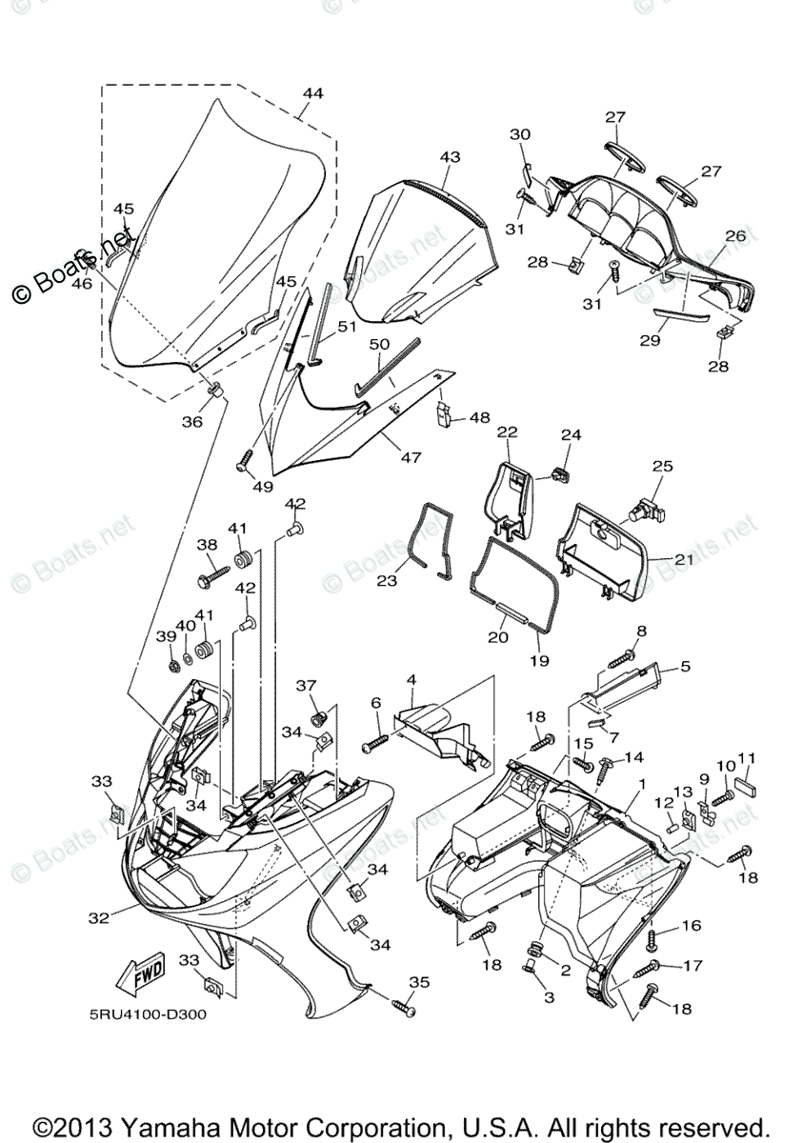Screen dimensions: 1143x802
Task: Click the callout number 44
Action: [x=313, y=93]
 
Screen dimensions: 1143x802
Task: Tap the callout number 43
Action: [x=450, y=156]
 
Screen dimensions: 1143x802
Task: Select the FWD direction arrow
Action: [x=139, y=973]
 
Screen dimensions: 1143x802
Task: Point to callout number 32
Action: [x=97, y=918]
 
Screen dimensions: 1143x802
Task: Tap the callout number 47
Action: [x=411, y=457]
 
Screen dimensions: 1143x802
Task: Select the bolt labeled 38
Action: [x=213, y=577]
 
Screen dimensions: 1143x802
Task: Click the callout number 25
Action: [x=662, y=467]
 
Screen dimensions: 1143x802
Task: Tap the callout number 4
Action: [x=411, y=680]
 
